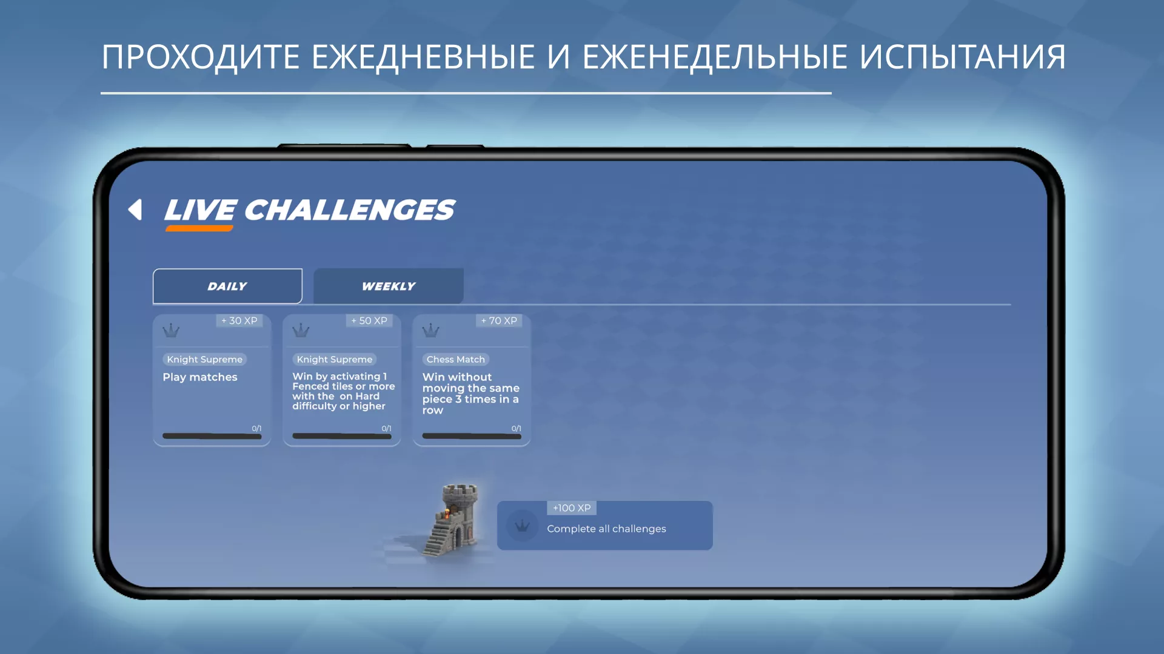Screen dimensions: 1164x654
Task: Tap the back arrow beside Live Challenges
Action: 135,210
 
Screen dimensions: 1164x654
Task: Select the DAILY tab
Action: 227,286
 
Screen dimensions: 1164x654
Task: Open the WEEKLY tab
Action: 389,286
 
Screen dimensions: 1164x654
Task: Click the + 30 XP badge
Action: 239,321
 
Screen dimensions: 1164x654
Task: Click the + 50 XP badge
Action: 369,321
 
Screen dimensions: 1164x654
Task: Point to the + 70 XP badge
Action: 499,321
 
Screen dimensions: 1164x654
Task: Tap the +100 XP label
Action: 572,508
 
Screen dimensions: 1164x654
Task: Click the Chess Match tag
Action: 456,359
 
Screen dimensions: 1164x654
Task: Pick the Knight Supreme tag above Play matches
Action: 205,359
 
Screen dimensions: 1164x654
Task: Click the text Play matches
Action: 200,377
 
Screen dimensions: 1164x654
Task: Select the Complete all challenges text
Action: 606,529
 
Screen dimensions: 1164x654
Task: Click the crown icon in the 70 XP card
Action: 430,331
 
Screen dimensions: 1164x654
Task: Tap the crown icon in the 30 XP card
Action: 171,331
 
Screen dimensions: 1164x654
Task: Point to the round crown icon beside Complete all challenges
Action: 522,526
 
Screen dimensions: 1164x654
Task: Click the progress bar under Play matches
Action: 212,436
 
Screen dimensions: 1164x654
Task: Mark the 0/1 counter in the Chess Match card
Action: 516,428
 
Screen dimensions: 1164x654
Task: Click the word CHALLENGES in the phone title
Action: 349,210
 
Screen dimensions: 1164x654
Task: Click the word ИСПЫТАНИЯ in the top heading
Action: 963,58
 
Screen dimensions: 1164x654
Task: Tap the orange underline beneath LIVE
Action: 199,228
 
